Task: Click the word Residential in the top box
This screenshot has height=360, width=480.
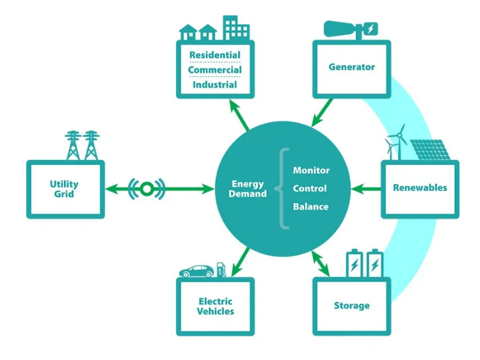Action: pyautogui.click(x=214, y=55)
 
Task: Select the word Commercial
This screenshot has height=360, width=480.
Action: pyautogui.click(x=214, y=70)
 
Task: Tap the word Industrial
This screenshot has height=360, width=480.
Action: pyautogui.click(x=214, y=84)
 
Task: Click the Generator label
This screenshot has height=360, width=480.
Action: pyautogui.click(x=351, y=67)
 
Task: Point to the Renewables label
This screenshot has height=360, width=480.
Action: pyautogui.click(x=420, y=188)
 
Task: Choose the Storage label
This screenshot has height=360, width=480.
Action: pyautogui.click(x=351, y=306)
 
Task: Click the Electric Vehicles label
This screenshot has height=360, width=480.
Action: pyautogui.click(x=215, y=306)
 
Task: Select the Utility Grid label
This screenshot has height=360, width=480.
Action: pyautogui.click(x=64, y=189)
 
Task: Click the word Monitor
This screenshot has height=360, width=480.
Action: pyautogui.click(x=311, y=171)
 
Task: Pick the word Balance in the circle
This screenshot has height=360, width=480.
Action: pyautogui.click(x=310, y=207)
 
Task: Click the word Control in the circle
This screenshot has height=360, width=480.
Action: pyautogui.click(x=310, y=189)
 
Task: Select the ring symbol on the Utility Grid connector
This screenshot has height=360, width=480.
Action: pyautogui.click(x=147, y=189)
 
